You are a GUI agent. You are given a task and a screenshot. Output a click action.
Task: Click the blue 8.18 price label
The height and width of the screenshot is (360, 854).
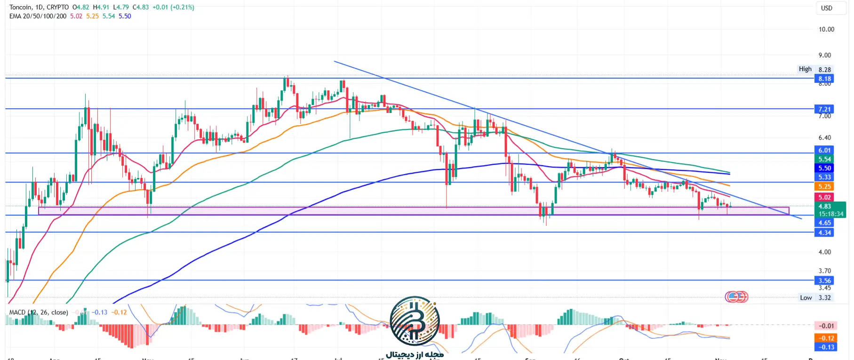[x=824, y=79]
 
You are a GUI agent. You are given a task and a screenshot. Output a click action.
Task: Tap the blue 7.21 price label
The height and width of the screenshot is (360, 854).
[x=824, y=109]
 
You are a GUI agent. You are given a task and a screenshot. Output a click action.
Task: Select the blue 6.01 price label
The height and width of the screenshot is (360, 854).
[x=824, y=150]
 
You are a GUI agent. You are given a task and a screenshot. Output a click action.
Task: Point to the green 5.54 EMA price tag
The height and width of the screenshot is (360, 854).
[x=824, y=159]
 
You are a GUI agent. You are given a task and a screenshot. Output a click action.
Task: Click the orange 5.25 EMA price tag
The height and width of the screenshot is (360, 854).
[x=824, y=186]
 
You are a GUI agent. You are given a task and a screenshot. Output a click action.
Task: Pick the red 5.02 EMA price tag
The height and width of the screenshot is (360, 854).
[x=824, y=197]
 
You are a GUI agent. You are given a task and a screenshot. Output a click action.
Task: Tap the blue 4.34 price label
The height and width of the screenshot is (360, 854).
[x=824, y=232]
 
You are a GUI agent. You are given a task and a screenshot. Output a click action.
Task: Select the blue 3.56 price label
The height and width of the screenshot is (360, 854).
[x=824, y=280]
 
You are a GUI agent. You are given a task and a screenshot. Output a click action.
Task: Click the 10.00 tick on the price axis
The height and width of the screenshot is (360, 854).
[x=826, y=29]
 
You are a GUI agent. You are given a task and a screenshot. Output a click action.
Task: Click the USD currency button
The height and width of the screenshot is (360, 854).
[x=826, y=8]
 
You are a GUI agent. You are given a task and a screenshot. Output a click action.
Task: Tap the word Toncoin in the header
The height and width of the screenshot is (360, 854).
[x=20, y=7]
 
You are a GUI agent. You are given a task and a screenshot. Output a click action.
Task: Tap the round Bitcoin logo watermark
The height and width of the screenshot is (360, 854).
[x=415, y=321]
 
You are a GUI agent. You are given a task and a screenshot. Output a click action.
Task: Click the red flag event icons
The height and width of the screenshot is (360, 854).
[x=736, y=296]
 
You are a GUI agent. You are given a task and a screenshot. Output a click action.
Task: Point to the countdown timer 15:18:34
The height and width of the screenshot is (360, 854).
[x=831, y=214]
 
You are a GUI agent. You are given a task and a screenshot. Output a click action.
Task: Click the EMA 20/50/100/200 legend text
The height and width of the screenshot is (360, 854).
[x=38, y=16]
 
